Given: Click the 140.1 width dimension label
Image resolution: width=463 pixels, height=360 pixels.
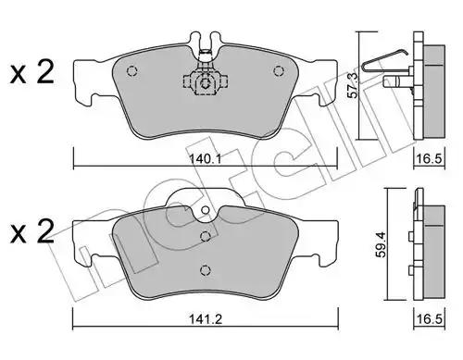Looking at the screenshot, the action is pos(205,159).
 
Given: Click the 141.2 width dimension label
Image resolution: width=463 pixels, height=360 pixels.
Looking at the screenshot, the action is pos(206,318).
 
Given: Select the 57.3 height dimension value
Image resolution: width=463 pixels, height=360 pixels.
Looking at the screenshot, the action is pos(353,85).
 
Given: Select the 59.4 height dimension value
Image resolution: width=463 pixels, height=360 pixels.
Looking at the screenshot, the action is pos(382,245).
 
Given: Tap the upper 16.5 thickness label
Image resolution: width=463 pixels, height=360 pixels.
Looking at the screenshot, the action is pos(430,159).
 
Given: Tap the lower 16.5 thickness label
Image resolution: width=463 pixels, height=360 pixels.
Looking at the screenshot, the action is pos(430,318).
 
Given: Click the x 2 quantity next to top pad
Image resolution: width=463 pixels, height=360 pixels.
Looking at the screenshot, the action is pos(32,73).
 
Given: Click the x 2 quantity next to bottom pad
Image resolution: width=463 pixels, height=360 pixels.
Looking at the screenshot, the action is pos(32,232).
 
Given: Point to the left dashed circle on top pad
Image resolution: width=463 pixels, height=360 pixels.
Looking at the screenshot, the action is pos(131,71).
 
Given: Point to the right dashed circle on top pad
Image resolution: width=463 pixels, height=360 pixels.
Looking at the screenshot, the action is pos(279,71).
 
